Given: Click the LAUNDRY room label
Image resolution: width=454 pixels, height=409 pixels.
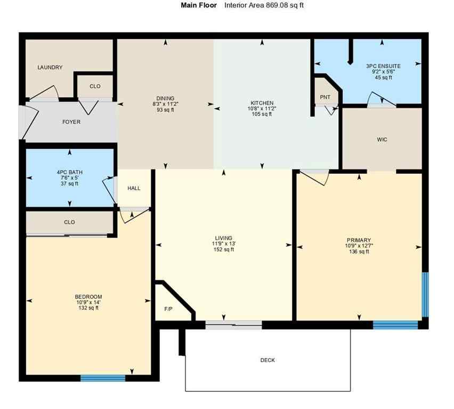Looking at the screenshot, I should pyautogui.click(x=50, y=68).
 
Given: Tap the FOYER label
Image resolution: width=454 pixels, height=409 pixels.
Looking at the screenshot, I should pyautogui.click(x=71, y=122).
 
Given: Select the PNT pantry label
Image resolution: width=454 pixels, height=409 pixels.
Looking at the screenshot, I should pyautogui.click(x=325, y=97).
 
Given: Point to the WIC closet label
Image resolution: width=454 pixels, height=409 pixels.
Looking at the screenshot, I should pyautogui.click(x=382, y=140).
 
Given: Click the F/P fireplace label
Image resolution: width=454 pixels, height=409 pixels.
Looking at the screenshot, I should pyautogui.click(x=168, y=308).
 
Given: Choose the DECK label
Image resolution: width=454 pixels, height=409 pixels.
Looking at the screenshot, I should pyautogui.click(x=267, y=361).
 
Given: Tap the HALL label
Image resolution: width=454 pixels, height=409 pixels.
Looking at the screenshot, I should pyautogui.click(x=134, y=188).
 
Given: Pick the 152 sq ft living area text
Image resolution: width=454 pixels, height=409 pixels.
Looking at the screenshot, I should pyautogui.click(x=224, y=249).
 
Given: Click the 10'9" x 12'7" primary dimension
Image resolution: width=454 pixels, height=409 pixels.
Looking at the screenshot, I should pyautogui.click(x=359, y=246).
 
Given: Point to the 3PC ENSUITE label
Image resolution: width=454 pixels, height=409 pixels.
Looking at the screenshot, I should pyautogui.click(x=383, y=66).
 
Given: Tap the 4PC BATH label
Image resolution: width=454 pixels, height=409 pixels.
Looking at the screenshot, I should pyautogui.click(x=69, y=172).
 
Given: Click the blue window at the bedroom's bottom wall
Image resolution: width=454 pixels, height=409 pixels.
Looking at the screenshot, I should pyautogui.click(x=103, y=378).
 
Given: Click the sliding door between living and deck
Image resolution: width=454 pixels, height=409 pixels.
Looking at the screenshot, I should pyautogui.click(x=233, y=324).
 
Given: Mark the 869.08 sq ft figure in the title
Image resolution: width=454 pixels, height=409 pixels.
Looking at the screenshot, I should pyautogui.click(x=280, y=5).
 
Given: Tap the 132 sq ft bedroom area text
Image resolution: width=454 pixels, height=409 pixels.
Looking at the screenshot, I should pyautogui.click(x=88, y=308).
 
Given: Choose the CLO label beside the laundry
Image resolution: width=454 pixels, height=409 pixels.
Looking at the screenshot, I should pyautogui.click(x=94, y=86).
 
